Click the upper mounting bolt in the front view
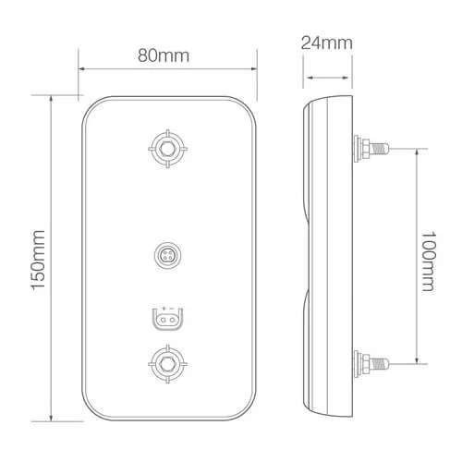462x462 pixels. coord(166,147)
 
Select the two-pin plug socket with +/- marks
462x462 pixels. coord(166,320)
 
